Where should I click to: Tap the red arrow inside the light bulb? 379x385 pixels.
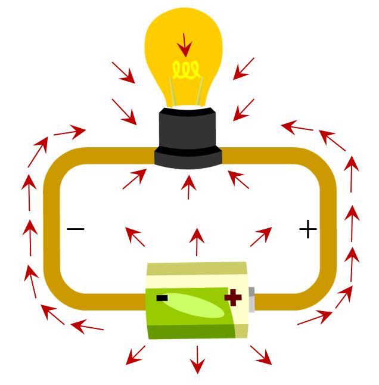click(x=185, y=45)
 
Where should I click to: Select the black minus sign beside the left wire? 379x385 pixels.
click(x=76, y=229)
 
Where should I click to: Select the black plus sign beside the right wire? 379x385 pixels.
click(x=307, y=229)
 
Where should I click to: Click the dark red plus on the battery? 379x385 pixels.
click(x=233, y=297)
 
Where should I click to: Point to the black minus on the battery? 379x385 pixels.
click(x=162, y=297)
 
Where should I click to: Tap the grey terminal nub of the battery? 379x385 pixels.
click(x=252, y=300)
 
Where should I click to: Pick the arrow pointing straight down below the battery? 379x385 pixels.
click(x=196, y=359)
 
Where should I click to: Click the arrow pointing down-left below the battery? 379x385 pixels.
click(x=135, y=355)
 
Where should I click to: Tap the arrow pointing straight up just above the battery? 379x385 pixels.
click(x=196, y=241)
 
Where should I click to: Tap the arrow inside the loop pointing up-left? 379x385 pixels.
click(x=135, y=237)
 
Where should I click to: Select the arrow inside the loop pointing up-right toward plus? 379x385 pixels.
click(x=260, y=237)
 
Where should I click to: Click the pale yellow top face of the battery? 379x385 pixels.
click(x=197, y=269)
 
